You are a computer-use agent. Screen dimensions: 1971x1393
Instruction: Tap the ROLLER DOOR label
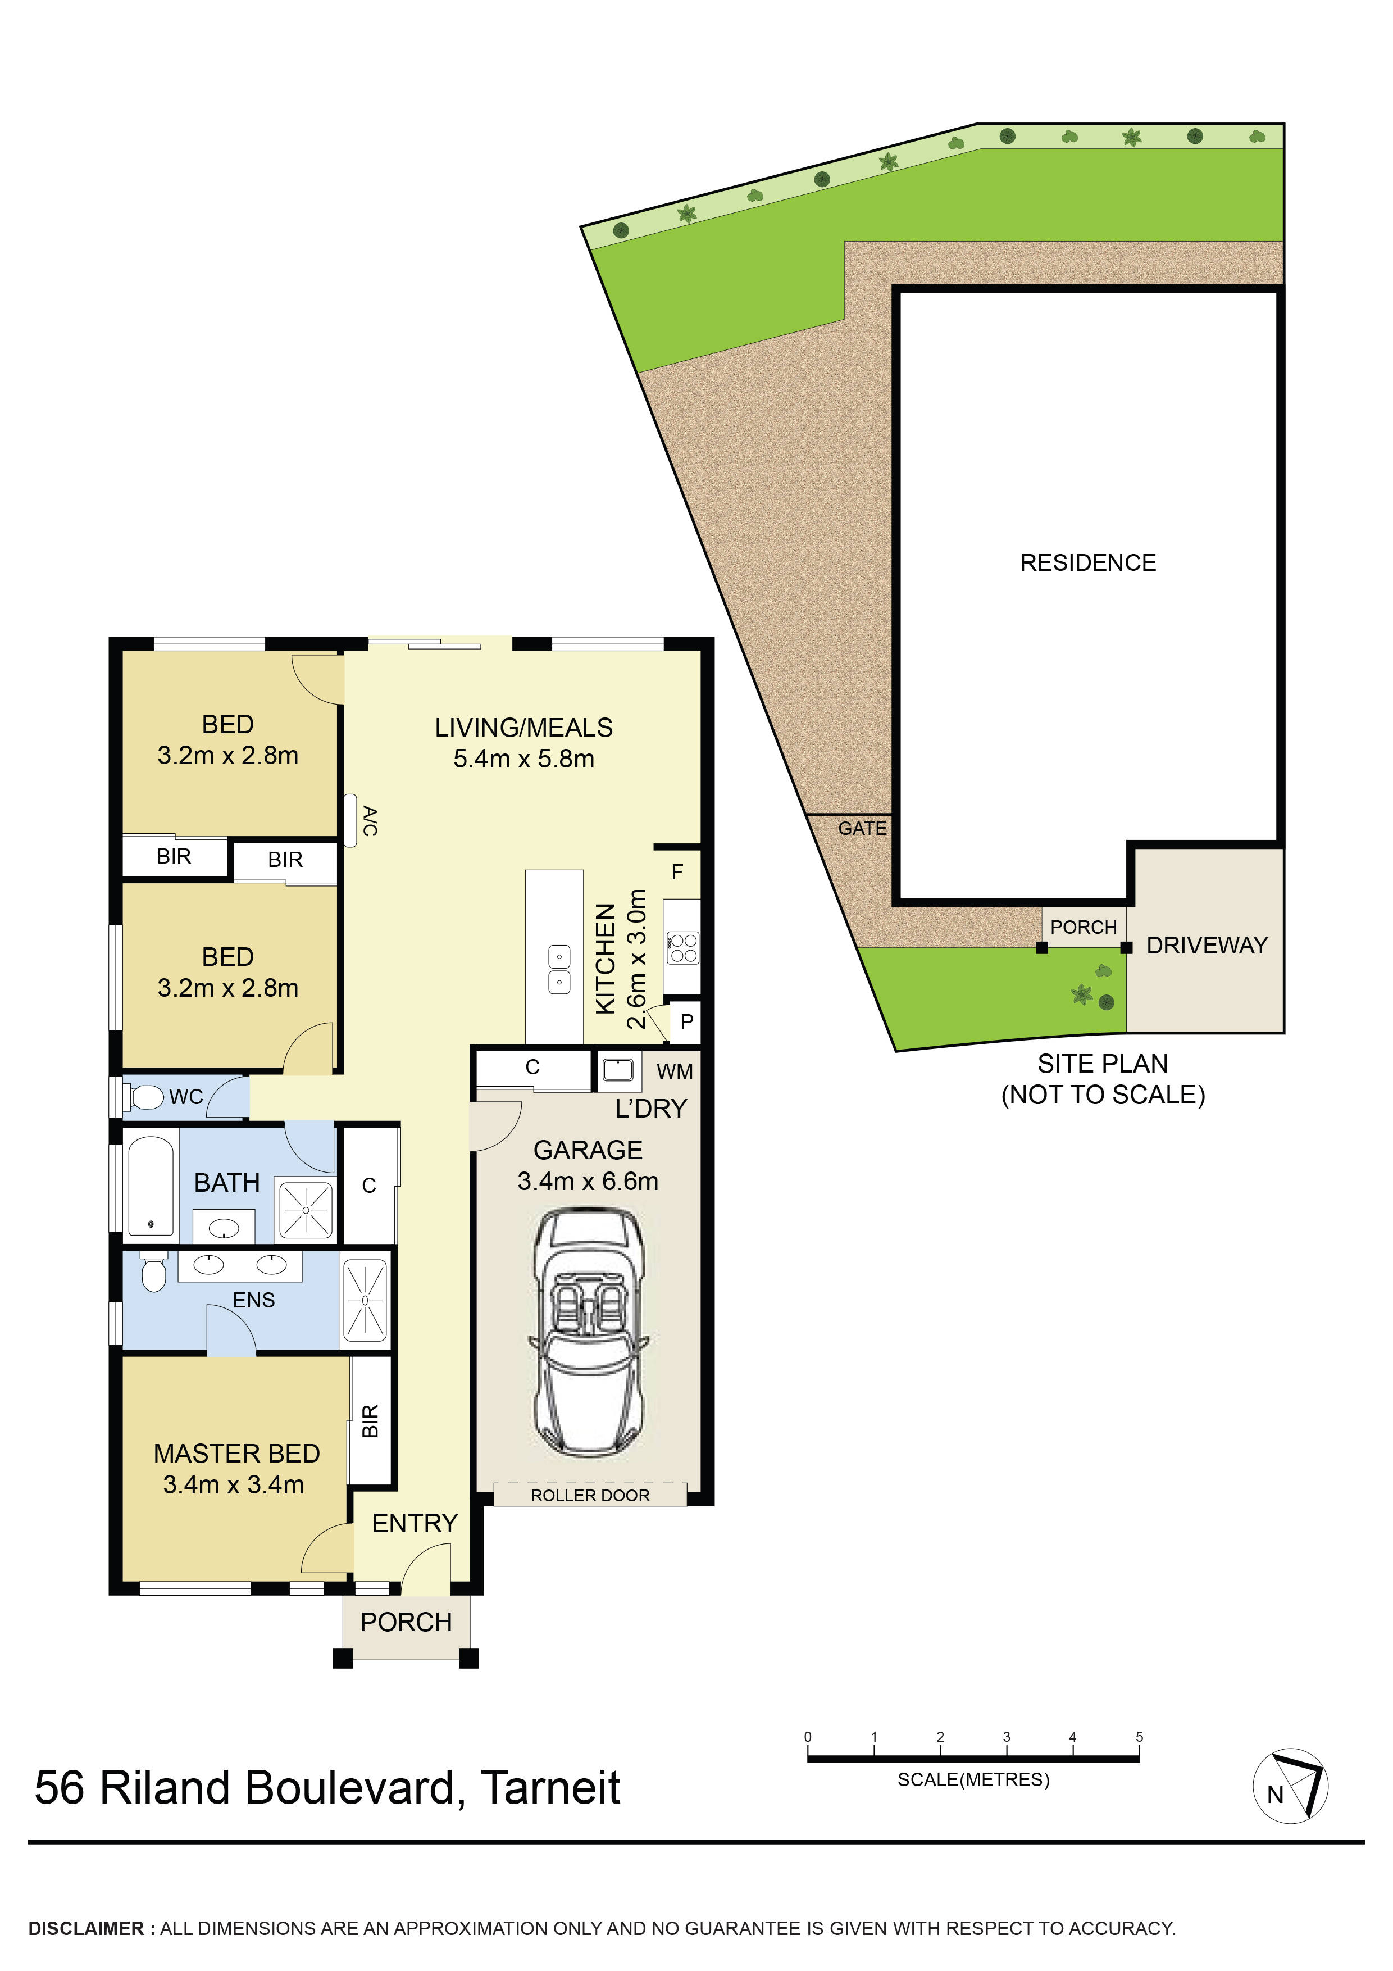click(x=590, y=1496)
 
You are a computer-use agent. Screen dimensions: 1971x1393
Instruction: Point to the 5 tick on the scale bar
click(x=1139, y=1737)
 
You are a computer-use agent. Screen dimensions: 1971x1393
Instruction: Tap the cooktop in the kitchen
click(x=683, y=948)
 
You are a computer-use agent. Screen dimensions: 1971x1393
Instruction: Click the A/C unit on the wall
click(x=350, y=821)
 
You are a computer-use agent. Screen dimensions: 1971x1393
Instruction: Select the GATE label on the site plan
click(x=862, y=828)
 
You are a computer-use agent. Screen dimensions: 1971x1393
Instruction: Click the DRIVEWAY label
click(x=1207, y=945)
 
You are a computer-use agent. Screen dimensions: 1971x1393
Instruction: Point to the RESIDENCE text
click(x=1087, y=562)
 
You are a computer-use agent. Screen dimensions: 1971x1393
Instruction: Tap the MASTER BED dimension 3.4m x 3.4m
click(x=234, y=1484)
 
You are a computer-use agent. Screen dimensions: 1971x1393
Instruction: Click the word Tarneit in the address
click(x=549, y=1788)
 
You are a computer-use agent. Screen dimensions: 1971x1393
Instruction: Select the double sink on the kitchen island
click(x=559, y=968)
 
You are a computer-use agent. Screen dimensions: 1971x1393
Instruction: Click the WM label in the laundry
click(x=675, y=1071)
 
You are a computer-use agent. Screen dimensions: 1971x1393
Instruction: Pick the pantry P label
click(x=686, y=1021)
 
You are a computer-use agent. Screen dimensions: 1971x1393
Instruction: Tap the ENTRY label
click(x=415, y=1523)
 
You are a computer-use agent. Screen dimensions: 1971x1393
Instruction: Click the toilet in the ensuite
click(x=153, y=1273)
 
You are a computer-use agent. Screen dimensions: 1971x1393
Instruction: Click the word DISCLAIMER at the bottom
click(x=86, y=1929)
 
